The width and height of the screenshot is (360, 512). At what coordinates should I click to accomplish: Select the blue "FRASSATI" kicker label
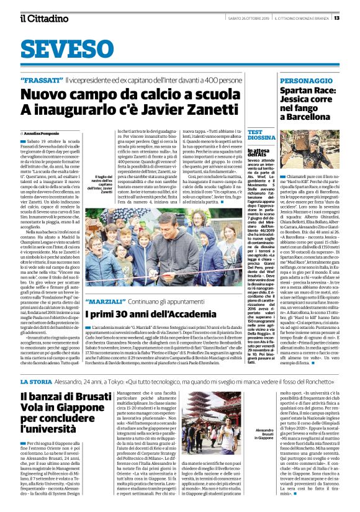pos(41,81)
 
